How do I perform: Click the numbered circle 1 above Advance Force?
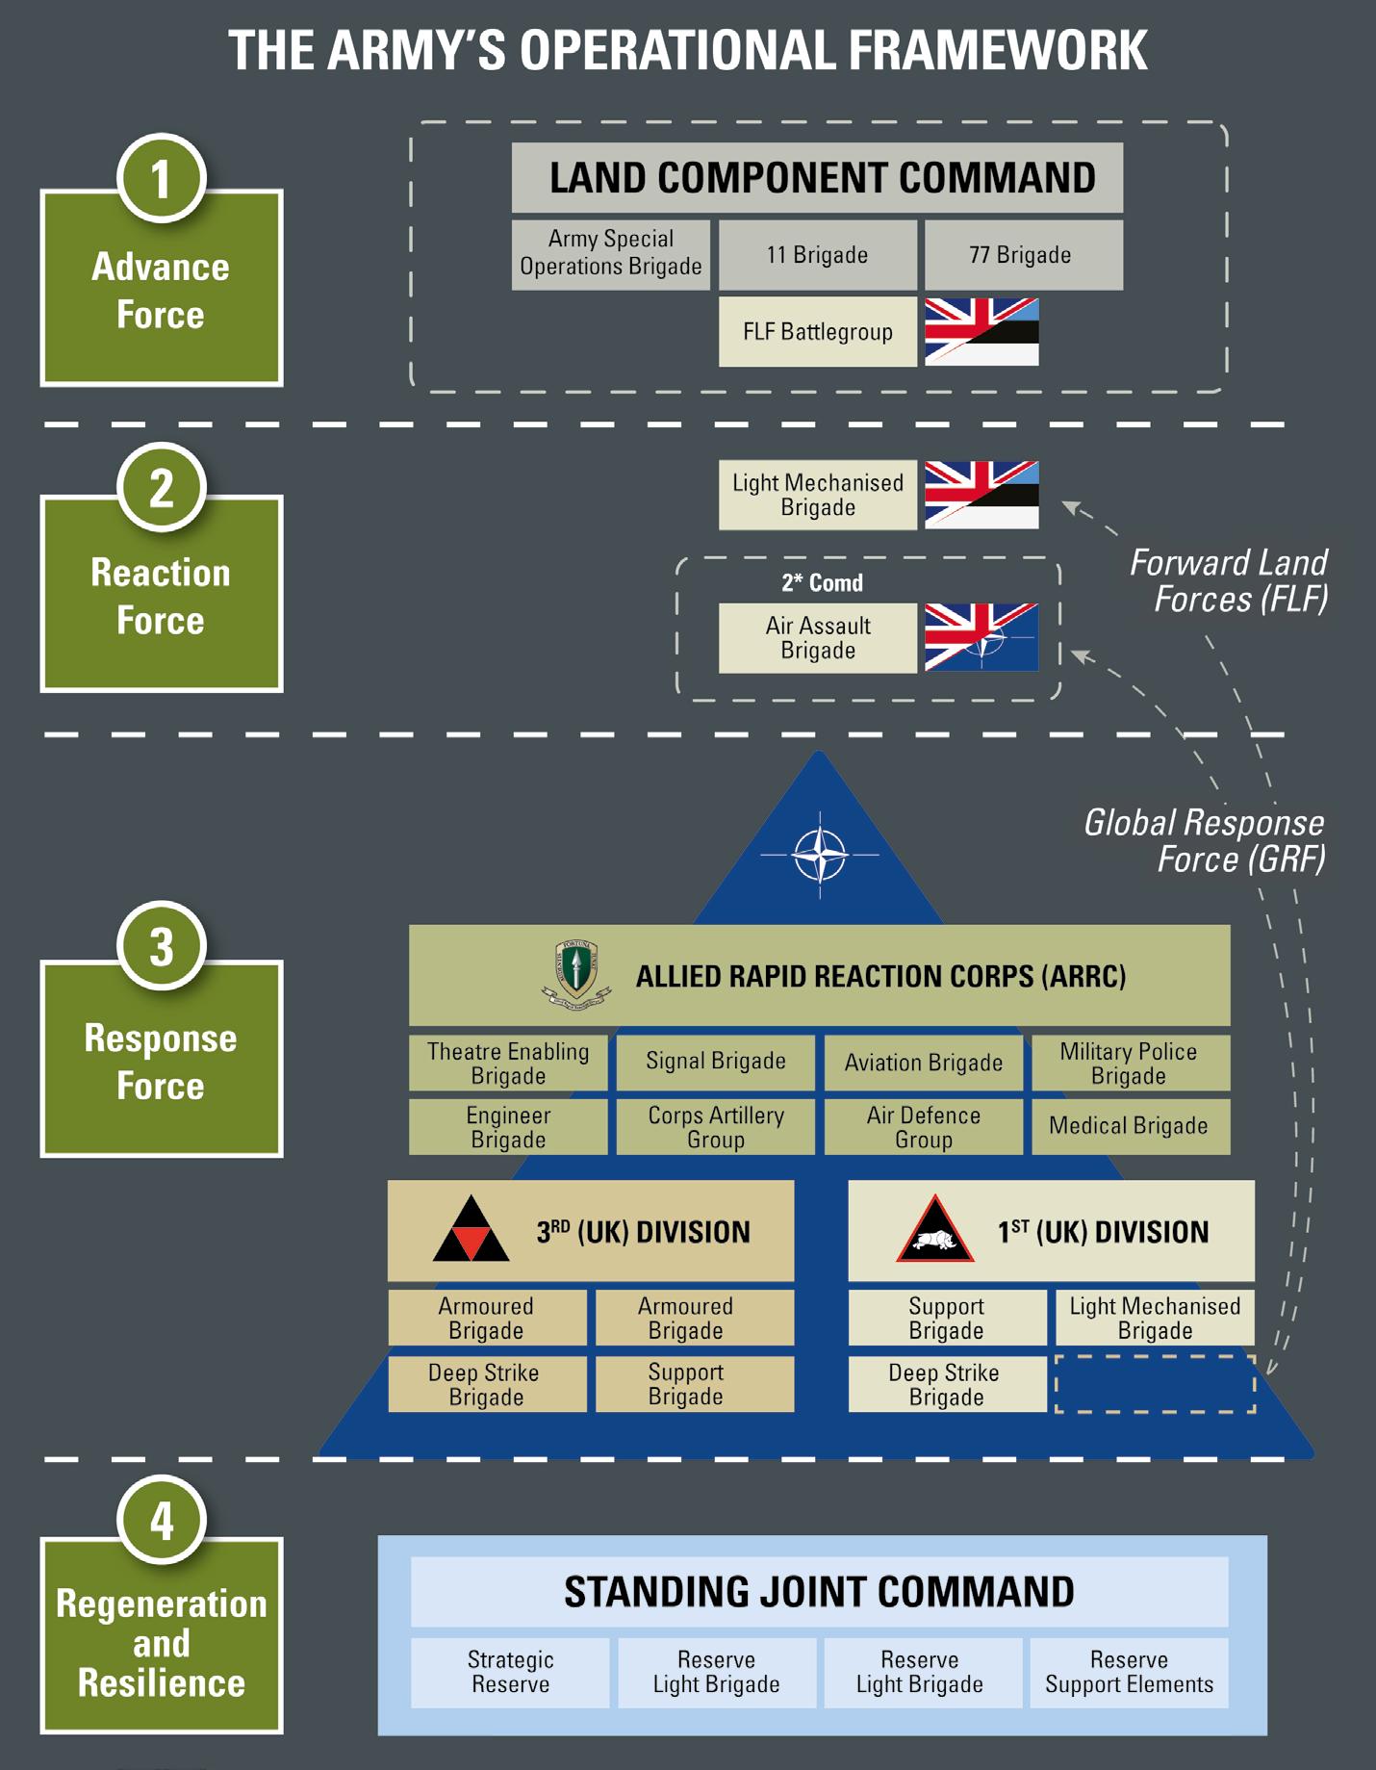click(161, 178)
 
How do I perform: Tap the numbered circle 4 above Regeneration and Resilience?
click(161, 1520)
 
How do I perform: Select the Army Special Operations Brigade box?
click(611, 254)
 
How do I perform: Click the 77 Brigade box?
click(1023, 254)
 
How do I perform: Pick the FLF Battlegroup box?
click(817, 332)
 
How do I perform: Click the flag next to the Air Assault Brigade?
click(981, 637)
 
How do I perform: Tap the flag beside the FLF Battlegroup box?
click(981, 332)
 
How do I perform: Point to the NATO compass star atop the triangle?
click(820, 854)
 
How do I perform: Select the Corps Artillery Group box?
click(715, 1127)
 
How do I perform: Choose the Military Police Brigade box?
click(1130, 1063)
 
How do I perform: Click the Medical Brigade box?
click(1130, 1126)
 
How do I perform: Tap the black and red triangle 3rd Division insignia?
click(471, 1231)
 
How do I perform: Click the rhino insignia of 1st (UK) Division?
click(934, 1231)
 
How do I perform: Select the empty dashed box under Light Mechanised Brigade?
click(1155, 1384)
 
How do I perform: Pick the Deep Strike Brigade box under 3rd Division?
click(487, 1384)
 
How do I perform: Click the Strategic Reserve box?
click(510, 1672)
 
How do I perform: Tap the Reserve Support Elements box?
click(1129, 1672)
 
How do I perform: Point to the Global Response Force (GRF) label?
click(1205, 840)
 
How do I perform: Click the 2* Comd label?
click(822, 582)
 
